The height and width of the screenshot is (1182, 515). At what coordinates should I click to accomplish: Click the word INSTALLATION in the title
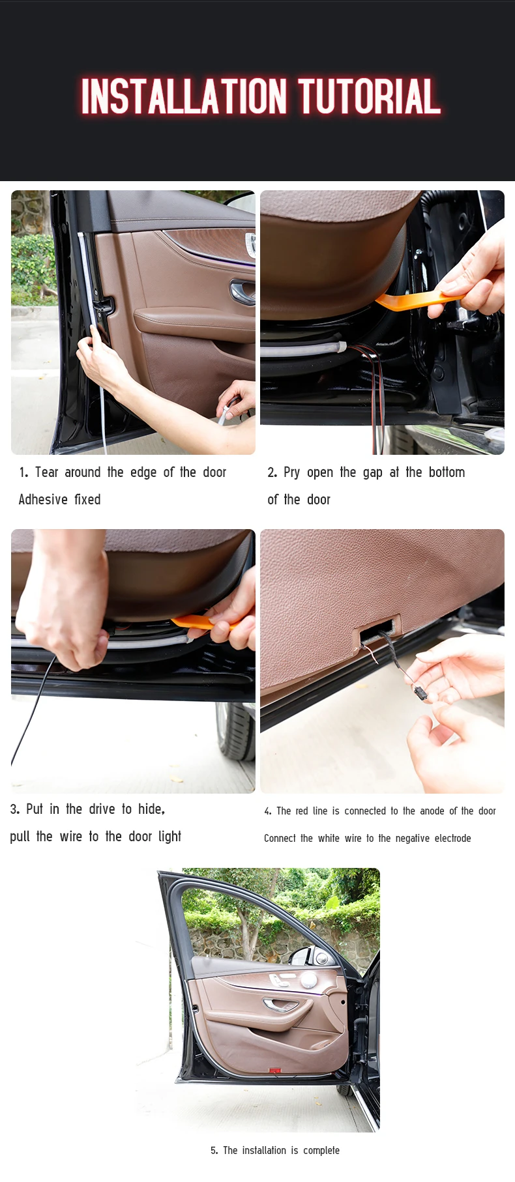184,96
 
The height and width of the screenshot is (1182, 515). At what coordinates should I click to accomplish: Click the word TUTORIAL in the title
369,96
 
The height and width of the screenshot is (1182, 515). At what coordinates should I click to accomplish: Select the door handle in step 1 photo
242,291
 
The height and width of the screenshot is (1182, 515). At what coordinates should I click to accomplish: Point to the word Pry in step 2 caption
291,473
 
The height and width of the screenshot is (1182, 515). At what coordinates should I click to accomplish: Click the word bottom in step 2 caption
447,472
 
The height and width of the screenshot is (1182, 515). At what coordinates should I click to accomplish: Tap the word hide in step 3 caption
150,809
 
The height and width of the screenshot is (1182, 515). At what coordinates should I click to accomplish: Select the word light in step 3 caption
169,837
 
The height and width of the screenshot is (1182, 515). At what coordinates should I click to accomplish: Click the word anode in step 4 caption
432,811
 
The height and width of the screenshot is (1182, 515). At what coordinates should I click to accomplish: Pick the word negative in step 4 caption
417,839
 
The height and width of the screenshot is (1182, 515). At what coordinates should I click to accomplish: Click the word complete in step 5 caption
321,1151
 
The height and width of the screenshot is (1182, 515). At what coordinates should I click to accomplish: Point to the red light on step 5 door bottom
274,1071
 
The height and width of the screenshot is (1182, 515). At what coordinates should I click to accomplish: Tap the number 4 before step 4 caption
267,811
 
